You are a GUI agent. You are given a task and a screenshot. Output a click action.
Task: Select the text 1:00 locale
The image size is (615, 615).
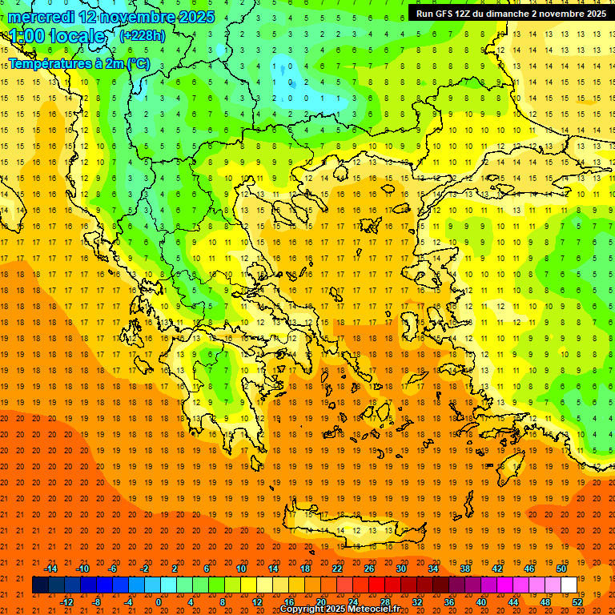point(58,37)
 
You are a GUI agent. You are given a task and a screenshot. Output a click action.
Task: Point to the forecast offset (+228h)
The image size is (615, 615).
point(143,36)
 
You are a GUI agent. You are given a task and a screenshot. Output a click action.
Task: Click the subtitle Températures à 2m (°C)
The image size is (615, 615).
point(78,63)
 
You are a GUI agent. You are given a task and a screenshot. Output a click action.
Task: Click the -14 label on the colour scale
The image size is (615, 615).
point(50,569)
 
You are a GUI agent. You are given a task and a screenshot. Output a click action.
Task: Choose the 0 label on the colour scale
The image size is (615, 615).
point(159,601)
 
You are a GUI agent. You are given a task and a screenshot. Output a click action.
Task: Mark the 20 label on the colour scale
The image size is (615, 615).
point(320,601)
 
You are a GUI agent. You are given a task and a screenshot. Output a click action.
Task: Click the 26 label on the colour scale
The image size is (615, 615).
point(368,569)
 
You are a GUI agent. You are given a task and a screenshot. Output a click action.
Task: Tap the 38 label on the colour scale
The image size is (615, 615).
point(464,569)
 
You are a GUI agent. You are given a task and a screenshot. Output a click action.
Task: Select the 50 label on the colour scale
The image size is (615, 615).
point(561,569)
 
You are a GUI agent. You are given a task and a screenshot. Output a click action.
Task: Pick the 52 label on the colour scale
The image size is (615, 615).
point(577,601)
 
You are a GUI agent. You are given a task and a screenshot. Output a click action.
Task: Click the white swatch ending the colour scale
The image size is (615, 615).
point(569,585)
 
